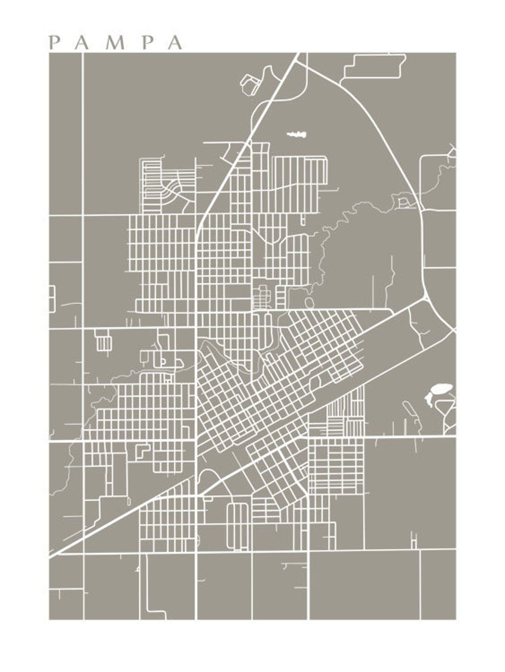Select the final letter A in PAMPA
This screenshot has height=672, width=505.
click(175, 43)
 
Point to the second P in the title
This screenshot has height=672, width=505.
click(147, 43)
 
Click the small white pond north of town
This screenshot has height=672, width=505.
click(297, 134)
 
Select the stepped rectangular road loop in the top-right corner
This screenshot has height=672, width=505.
click(375, 66)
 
